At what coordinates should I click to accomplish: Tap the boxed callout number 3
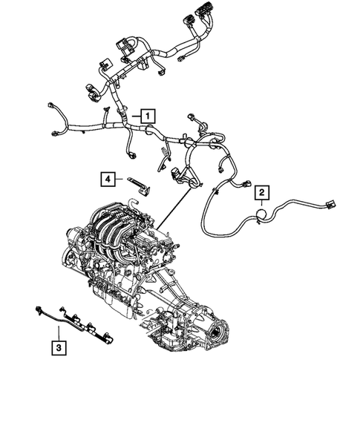58,346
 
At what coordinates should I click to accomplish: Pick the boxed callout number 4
108,178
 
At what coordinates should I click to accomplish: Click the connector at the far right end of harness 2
330,201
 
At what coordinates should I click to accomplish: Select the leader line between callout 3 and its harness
58,329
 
